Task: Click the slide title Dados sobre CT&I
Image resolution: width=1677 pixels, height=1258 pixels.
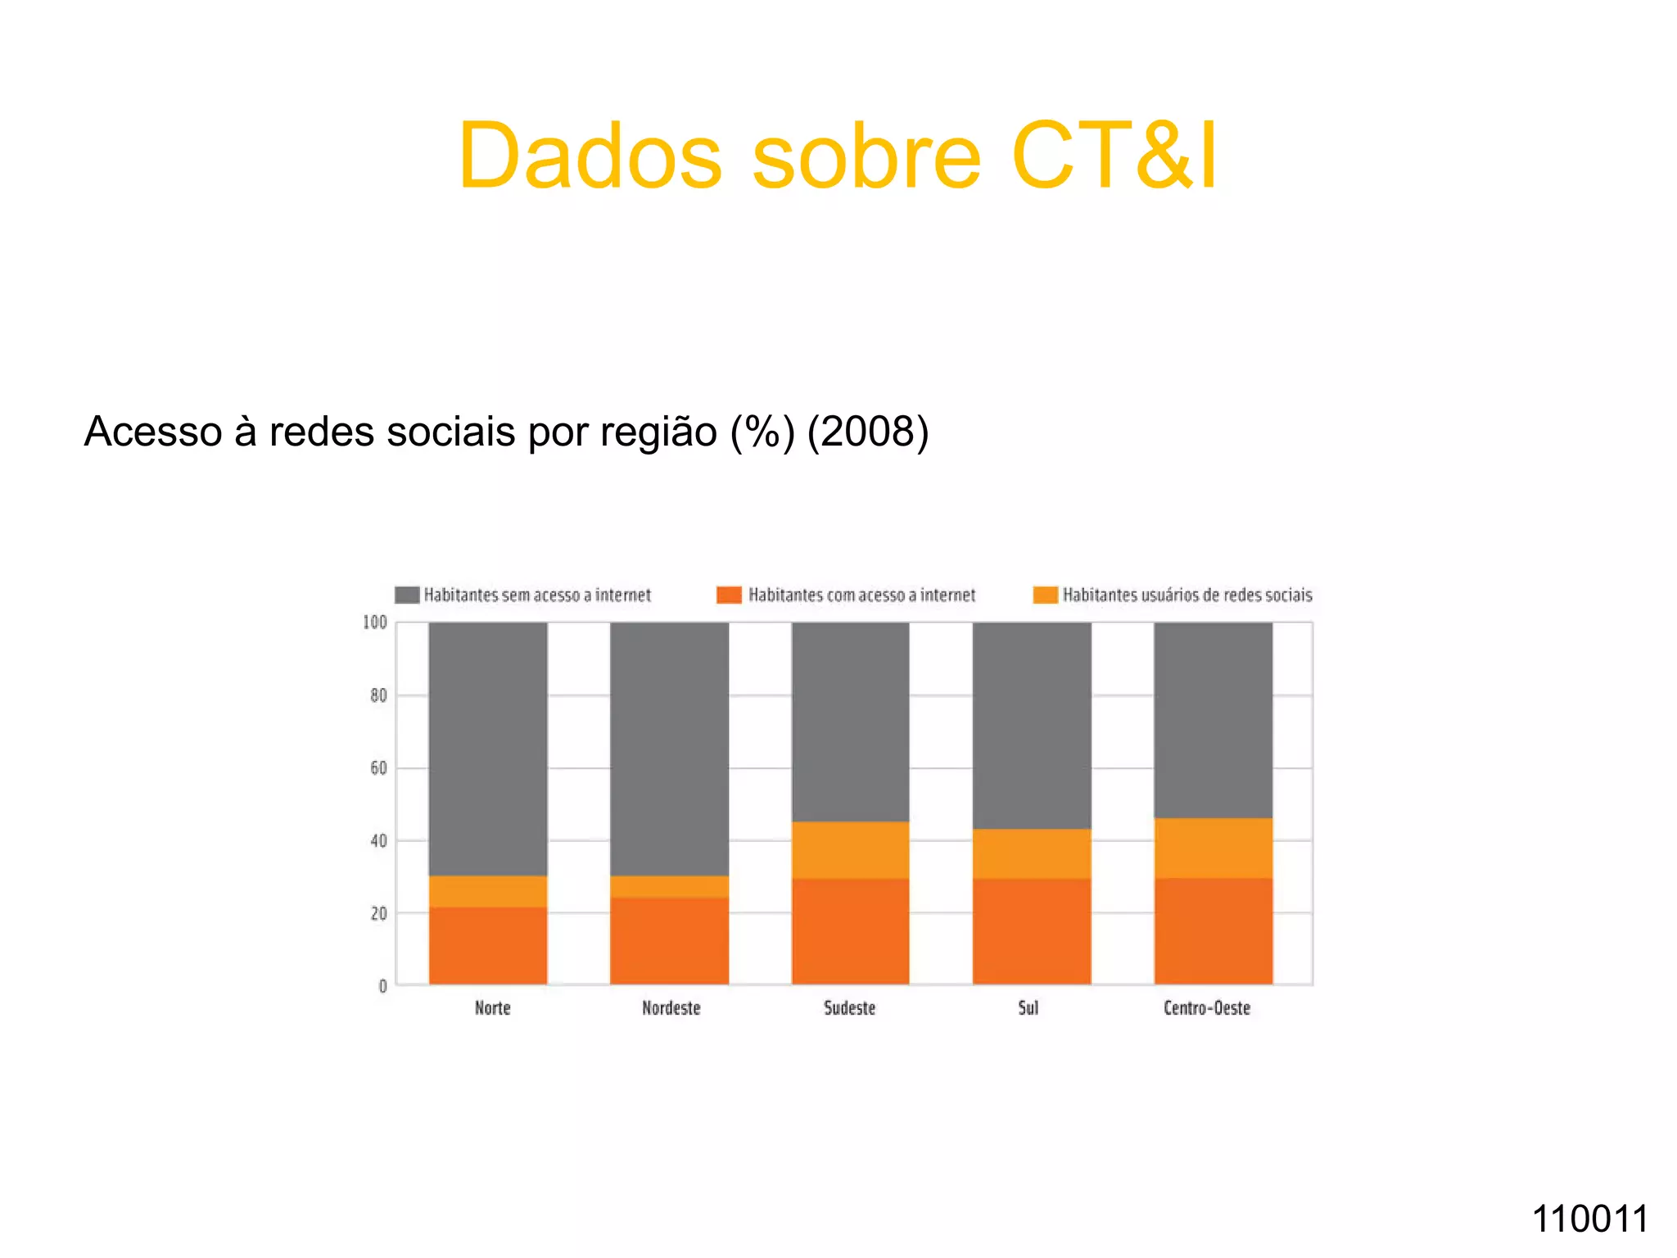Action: [838, 156]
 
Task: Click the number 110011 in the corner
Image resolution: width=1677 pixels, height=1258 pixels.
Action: [1589, 1219]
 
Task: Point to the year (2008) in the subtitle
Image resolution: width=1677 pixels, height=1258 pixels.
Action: [868, 432]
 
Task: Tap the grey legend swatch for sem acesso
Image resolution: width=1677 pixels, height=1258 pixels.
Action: [407, 595]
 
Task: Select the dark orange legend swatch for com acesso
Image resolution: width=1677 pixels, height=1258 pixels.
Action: [729, 595]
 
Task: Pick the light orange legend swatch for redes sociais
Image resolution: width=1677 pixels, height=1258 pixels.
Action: [1045, 595]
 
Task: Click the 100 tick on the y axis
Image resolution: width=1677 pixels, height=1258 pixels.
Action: [375, 622]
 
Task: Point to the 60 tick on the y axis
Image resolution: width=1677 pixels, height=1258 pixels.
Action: [378, 768]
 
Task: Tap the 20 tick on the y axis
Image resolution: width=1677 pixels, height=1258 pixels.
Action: [378, 913]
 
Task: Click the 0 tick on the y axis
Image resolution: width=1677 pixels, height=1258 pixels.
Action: [382, 986]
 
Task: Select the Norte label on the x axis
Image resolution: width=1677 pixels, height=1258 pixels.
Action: [492, 1008]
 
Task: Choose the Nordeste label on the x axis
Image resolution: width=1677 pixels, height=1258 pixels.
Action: [671, 1008]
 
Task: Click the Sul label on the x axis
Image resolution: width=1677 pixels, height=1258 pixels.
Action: [1028, 1008]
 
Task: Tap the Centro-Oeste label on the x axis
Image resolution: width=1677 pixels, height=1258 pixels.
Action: [1207, 1008]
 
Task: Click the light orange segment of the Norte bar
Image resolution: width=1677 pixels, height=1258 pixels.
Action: [488, 891]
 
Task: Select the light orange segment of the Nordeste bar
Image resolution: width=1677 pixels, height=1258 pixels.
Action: [670, 886]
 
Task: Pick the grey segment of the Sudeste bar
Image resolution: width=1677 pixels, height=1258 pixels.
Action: [851, 721]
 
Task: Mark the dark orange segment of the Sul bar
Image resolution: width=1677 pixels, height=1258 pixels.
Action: [1032, 931]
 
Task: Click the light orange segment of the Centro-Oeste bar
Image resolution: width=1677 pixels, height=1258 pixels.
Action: [1214, 848]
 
